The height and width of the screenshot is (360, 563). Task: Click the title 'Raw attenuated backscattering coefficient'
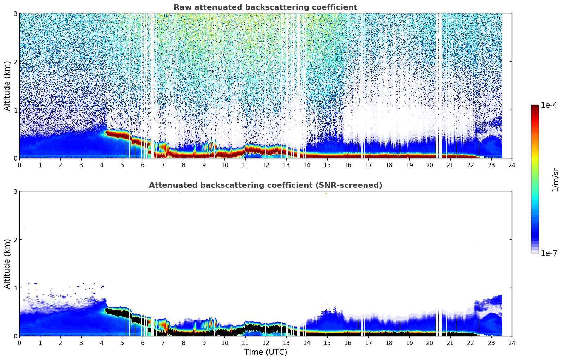[265, 7]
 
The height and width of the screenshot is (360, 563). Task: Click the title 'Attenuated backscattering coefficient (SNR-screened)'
[265, 185]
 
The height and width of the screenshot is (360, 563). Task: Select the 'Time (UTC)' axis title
[265, 352]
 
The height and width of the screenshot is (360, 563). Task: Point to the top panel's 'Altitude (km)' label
[7, 86]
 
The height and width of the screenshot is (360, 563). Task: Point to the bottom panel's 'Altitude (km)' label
[7, 264]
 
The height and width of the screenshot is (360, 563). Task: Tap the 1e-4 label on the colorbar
[549, 105]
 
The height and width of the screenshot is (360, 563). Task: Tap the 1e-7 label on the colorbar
[549, 253]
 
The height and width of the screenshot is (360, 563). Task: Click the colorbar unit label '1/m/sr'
[555, 180]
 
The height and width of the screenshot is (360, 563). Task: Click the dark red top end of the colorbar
[535, 107]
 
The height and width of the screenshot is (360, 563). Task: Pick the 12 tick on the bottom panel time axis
[265, 343]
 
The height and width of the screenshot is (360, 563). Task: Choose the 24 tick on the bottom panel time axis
[511, 343]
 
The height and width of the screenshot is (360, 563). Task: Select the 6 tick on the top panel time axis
[143, 165]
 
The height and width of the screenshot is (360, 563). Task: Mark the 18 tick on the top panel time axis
[389, 165]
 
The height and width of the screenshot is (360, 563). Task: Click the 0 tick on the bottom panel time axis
[19, 343]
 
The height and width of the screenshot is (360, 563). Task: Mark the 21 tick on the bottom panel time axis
[450, 343]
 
